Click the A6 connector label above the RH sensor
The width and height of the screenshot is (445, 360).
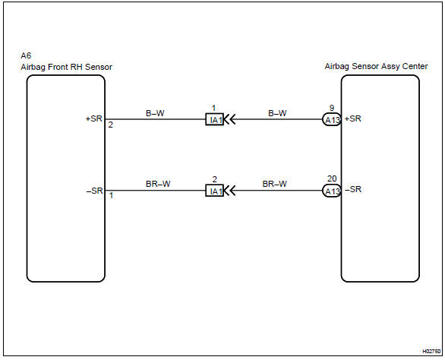(26, 55)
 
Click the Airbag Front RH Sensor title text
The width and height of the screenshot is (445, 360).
(66, 68)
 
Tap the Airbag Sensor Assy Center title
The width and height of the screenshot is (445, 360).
(376, 66)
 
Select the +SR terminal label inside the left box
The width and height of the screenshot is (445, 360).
(94, 118)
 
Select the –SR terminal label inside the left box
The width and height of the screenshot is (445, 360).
(94, 191)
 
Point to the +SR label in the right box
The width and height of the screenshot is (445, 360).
(353, 118)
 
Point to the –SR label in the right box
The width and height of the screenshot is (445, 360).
(353, 189)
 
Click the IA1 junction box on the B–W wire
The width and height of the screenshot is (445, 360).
(215, 119)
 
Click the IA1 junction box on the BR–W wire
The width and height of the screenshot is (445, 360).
(215, 191)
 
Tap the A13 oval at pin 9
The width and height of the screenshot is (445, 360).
(332, 119)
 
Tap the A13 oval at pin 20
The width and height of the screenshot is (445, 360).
(332, 191)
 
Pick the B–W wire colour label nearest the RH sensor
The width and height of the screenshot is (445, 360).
(155, 113)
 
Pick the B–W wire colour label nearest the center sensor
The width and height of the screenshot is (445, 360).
(277, 113)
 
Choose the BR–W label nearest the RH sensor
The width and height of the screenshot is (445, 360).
(158, 184)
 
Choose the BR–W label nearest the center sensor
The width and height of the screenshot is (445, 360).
(274, 184)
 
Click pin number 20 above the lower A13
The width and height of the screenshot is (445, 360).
(332, 179)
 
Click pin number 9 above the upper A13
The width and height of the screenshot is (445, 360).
(332, 108)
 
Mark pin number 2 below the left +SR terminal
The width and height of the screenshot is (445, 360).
(110, 125)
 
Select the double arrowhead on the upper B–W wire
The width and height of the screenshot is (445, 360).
(229, 119)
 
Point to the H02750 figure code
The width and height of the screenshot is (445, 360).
(431, 352)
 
